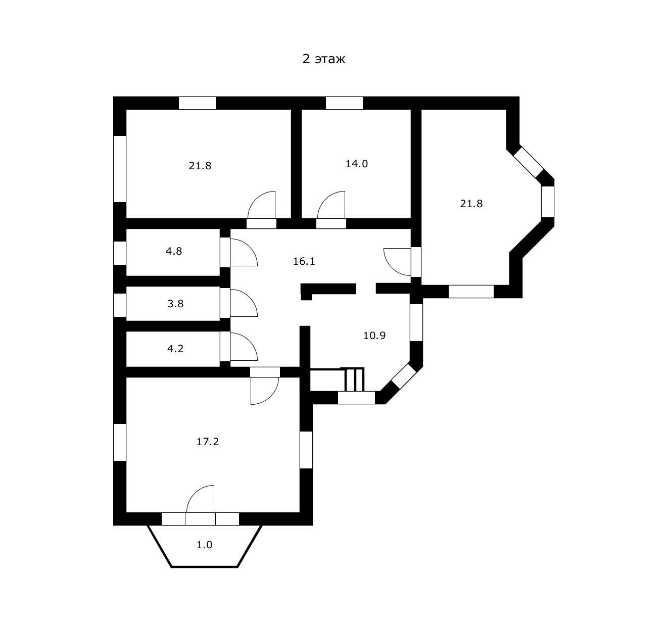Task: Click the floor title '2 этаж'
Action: (323, 59)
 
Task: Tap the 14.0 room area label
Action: (356, 164)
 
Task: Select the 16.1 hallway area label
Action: (304, 261)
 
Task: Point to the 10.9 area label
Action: (374, 335)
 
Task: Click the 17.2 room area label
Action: (207, 442)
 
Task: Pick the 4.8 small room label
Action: (174, 251)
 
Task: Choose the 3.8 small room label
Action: (175, 304)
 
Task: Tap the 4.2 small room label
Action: (175, 348)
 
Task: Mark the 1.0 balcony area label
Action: (204, 545)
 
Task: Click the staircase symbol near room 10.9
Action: (354, 379)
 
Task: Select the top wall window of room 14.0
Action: (344, 103)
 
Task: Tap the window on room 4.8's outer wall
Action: (119, 253)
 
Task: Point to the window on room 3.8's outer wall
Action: (119, 305)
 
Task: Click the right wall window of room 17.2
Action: (306, 449)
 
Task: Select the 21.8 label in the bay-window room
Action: (471, 204)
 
